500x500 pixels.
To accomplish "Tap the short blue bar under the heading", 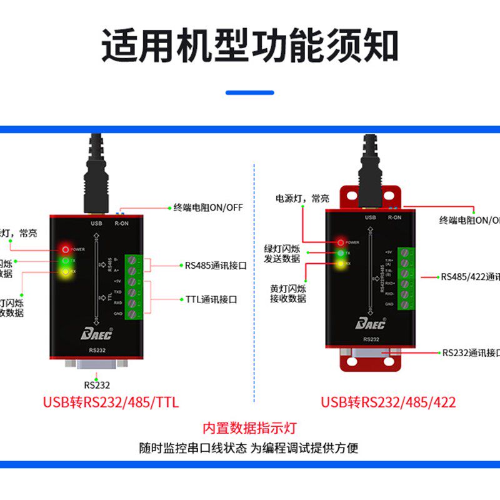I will click(x=250, y=92).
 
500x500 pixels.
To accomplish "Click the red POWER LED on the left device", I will click(x=65, y=248).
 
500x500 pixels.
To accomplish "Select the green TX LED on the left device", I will click(x=65, y=260).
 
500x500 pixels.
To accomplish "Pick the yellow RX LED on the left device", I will click(x=65, y=272).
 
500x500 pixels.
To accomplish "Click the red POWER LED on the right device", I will click(x=340, y=242).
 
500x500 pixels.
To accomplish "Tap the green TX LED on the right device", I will click(x=340, y=253).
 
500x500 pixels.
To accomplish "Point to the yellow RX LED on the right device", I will click(x=340, y=264).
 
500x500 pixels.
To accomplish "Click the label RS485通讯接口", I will click(x=216, y=265).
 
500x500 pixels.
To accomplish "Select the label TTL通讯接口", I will click(x=211, y=300).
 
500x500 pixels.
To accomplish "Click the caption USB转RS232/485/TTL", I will click(x=111, y=402).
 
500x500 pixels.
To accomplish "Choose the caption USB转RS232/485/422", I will click(x=388, y=402).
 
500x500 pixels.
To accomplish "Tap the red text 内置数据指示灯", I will click(x=249, y=429).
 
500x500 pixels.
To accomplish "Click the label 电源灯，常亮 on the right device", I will click(x=302, y=199).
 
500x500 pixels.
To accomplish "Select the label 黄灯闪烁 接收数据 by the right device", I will click(x=288, y=294).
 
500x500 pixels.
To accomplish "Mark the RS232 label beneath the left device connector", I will click(x=97, y=385).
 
